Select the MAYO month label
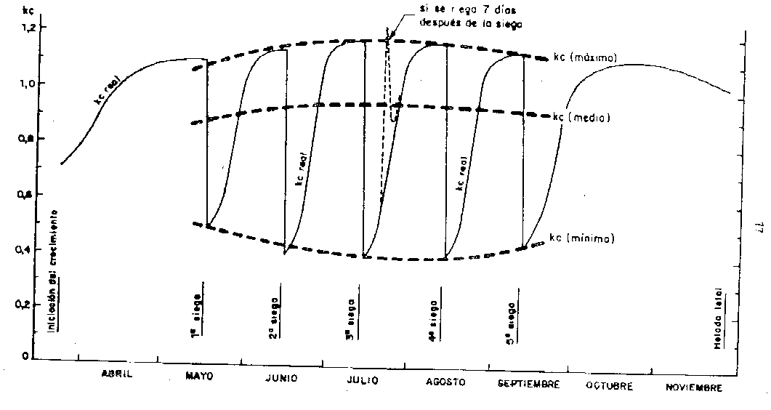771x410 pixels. click(199, 377)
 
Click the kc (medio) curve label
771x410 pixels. click(581, 116)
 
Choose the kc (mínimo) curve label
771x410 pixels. click(582, 238)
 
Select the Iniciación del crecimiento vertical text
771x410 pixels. click(53, 270)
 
